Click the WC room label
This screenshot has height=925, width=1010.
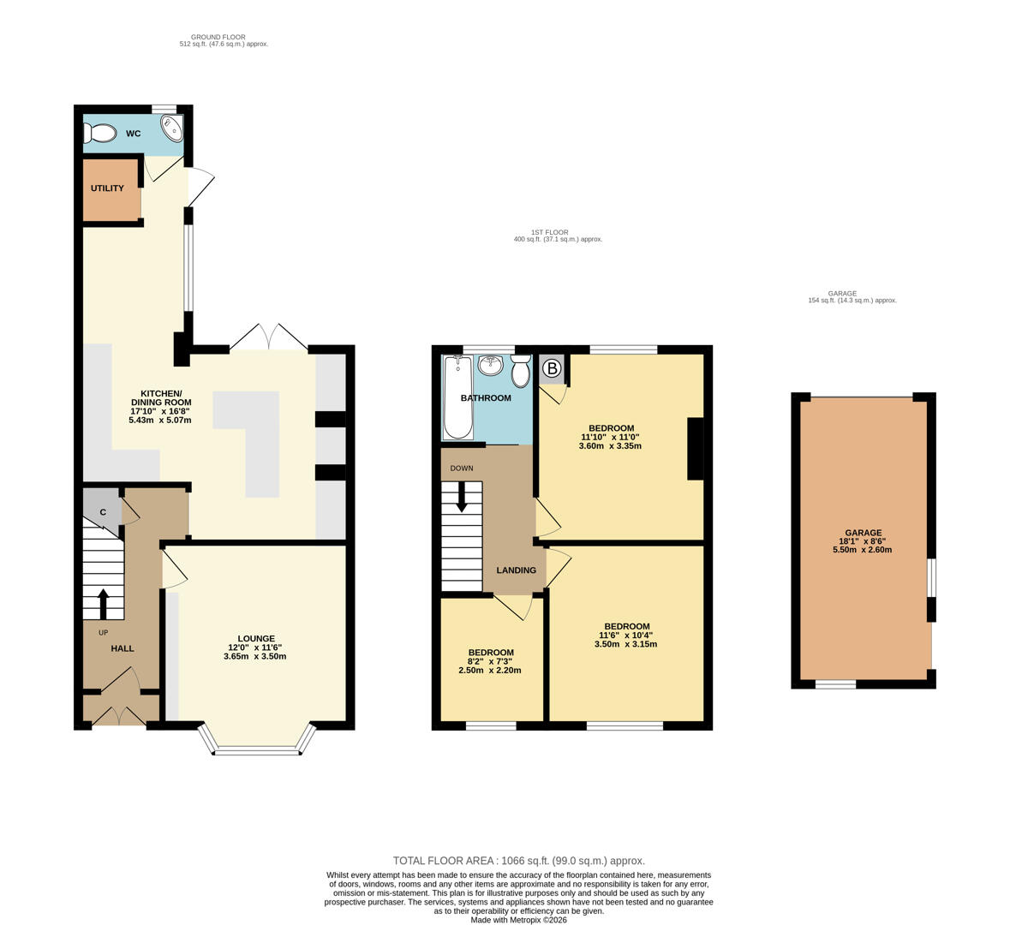(x=134, y=134)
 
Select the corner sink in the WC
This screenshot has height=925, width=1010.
(x=173, y=128)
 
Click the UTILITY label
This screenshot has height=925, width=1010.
(x=107, y=188)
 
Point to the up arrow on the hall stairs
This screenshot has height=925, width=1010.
(x=103, y=604)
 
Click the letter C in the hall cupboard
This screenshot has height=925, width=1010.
(x=103, y=512)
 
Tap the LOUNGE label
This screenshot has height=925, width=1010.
(x=256, y=638)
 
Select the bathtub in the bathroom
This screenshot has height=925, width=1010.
(x=458, y=397)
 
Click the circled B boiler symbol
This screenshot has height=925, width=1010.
(x=552, y=368)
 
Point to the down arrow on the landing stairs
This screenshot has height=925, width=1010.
(x=461, y=497)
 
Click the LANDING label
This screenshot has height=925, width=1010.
(x=516, y=570)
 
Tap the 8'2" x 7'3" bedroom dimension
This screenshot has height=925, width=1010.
(x=491, y=661)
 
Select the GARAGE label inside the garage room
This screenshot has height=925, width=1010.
(x=864, y=533)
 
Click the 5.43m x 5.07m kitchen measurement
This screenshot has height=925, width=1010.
(x=159, y=420)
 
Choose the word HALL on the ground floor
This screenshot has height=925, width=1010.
(x=123, y=648)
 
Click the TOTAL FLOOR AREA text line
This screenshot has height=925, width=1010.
(x=518, y=861)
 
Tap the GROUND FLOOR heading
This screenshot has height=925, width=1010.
(x=218, y=38)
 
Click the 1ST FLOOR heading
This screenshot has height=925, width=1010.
(x=550, y=233)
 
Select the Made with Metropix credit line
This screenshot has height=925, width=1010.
(x=518, y=920)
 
